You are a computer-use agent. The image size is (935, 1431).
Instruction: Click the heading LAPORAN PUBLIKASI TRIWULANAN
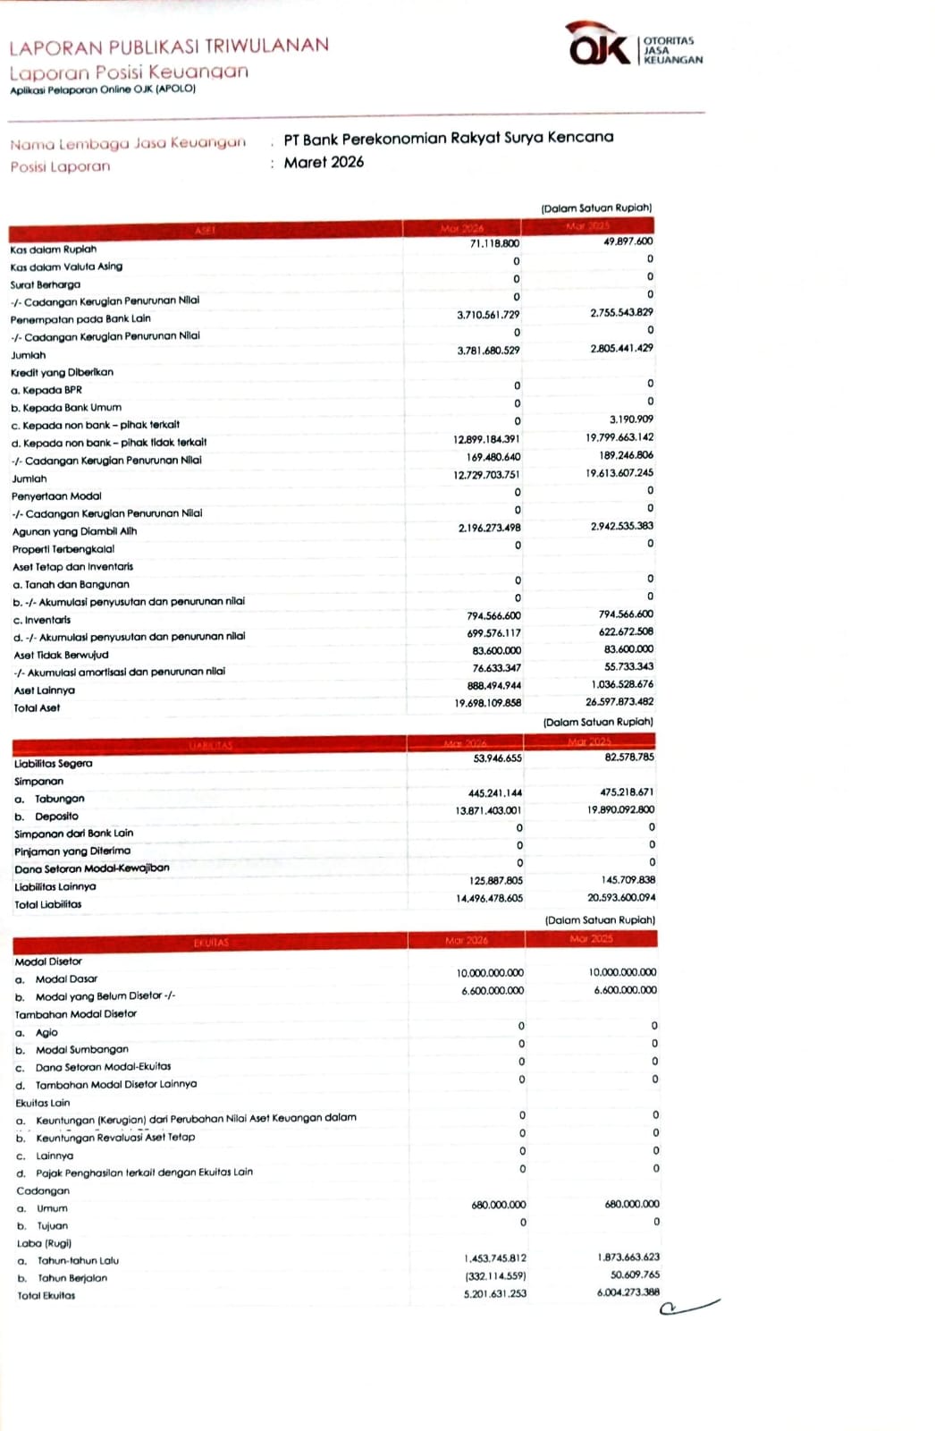coord(169,46)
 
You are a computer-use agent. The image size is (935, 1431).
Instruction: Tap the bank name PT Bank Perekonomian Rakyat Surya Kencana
coord(449,138)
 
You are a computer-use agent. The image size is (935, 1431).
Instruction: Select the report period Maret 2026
coord(324,162)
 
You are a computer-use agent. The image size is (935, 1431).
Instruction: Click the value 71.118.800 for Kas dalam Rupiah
coord(494,243)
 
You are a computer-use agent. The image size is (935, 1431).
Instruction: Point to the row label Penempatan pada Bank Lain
coord(80,318)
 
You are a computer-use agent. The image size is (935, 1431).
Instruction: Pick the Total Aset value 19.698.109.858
coord(487,703)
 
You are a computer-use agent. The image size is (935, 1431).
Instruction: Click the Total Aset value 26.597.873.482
coord(619,702)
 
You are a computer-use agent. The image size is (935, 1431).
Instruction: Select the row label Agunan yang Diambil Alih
coord(74,531)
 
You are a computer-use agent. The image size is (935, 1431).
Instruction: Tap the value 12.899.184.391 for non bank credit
coord(486,439)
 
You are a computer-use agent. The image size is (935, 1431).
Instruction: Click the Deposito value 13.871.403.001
coord(488,810)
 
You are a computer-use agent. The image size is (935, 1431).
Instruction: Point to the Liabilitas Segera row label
coord(54,764)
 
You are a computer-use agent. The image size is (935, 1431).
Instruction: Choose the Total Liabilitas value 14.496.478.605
coord(489,898)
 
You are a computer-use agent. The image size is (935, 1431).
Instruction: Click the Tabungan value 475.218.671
coord(627,792)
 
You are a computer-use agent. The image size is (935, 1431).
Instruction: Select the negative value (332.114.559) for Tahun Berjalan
coord(495,1276)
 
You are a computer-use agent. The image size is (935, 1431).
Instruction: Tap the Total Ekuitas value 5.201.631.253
coord(494,1294)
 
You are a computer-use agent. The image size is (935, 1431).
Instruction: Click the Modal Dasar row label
coord(66,979)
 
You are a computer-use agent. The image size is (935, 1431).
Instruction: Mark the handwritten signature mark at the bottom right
coord(688,1308)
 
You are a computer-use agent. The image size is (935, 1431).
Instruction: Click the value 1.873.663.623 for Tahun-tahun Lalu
coord(628,1257)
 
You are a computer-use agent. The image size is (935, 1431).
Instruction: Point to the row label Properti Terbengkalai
coord(63,549)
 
